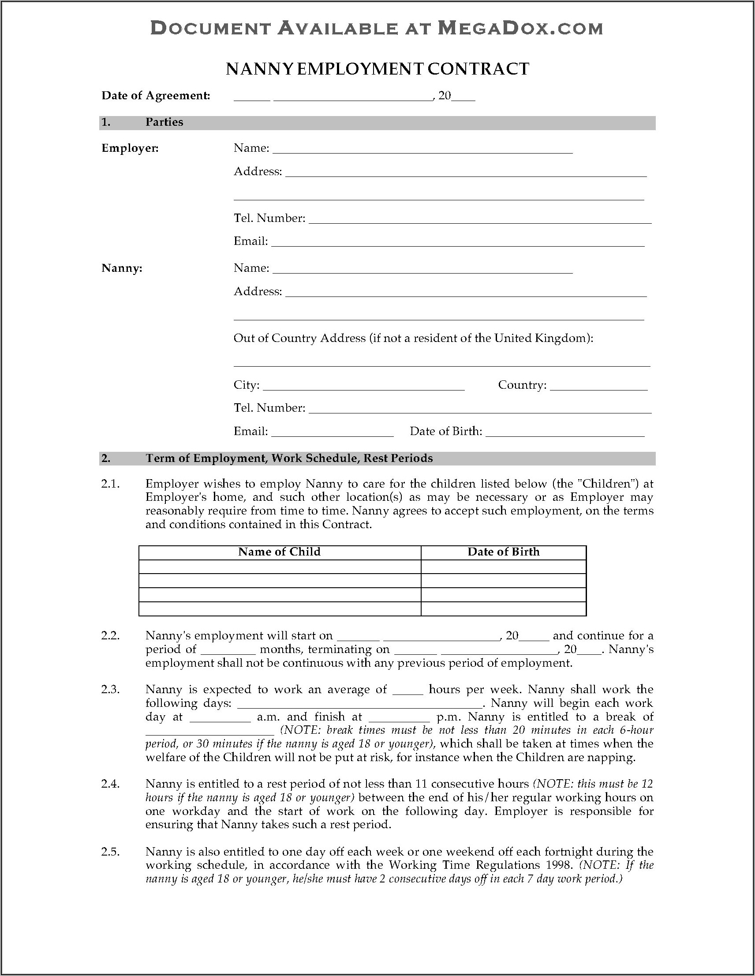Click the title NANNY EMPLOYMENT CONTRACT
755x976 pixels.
coord(377,69)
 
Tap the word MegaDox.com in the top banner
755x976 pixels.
coord(520,29)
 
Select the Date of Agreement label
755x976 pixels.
coord(156,95)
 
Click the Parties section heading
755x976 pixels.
coord(164,122)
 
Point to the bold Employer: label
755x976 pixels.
coord(130,148)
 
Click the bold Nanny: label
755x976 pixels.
coord(122,268)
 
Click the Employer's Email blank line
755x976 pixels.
coord(457,244)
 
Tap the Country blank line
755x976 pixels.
coord(598,388)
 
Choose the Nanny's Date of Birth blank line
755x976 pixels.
coord(564,434)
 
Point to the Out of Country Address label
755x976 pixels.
coord(413,338)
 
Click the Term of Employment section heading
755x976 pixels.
coord(289,458)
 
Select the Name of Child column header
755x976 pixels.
coord(279,552)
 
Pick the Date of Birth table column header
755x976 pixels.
coord(504,552)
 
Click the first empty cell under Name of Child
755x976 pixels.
coord(280,567)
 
